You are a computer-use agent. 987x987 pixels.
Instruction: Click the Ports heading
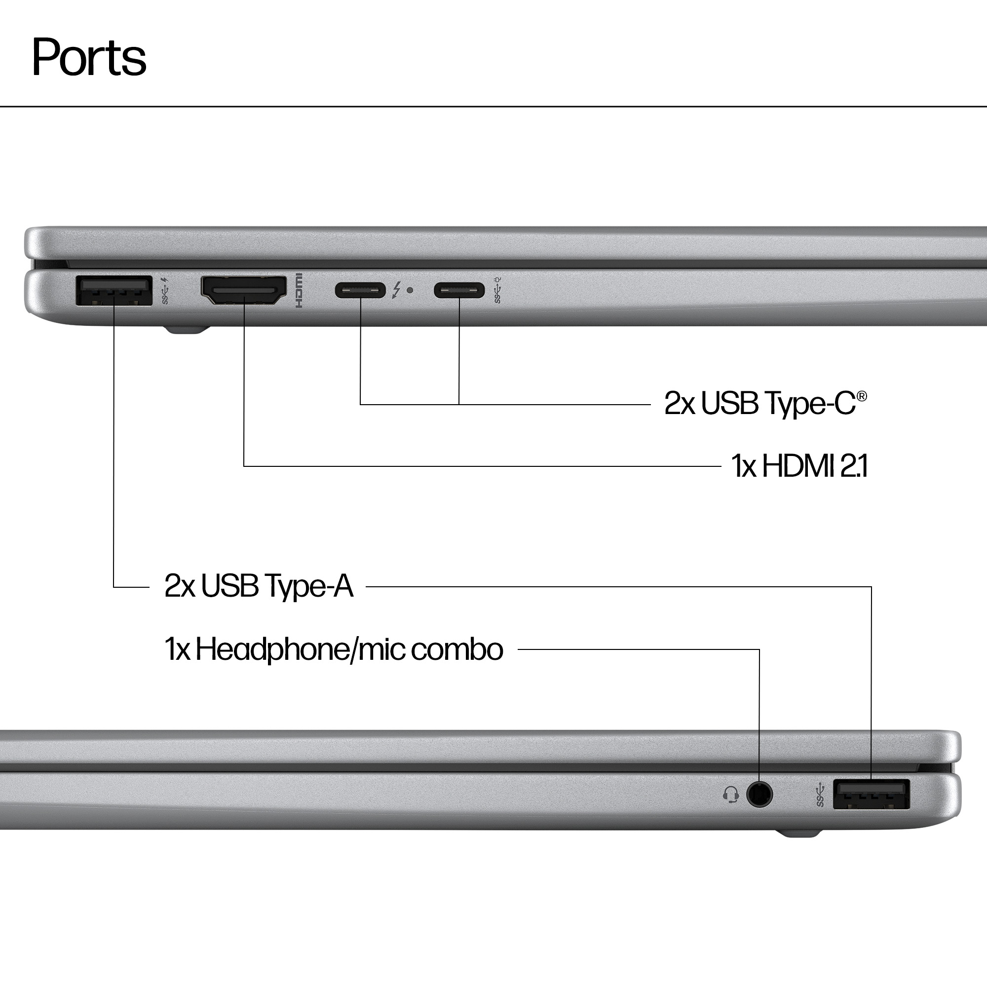[89, 57]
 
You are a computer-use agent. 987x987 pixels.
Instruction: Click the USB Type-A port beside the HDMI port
[114, 290]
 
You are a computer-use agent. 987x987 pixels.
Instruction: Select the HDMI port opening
[244, 290]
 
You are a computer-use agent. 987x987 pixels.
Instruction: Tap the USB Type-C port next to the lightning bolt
[360, 290]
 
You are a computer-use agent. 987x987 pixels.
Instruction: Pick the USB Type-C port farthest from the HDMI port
[459, 290]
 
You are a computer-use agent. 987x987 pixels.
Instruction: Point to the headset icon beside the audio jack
[731, 795]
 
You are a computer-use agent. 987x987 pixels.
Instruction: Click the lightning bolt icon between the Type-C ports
[396, 290]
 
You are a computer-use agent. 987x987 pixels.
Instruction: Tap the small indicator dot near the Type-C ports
[410, 290]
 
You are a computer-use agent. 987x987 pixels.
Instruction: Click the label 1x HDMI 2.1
[799, 466]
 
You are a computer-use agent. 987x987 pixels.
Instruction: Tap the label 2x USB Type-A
[259, 586]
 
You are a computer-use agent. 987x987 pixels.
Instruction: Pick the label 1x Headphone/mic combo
[334, 649]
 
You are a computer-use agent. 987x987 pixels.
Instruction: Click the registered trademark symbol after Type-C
[862, 396]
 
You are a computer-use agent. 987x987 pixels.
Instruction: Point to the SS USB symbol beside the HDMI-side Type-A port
[165, 291]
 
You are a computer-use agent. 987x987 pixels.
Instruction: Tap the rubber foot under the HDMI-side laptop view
[187, 330]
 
